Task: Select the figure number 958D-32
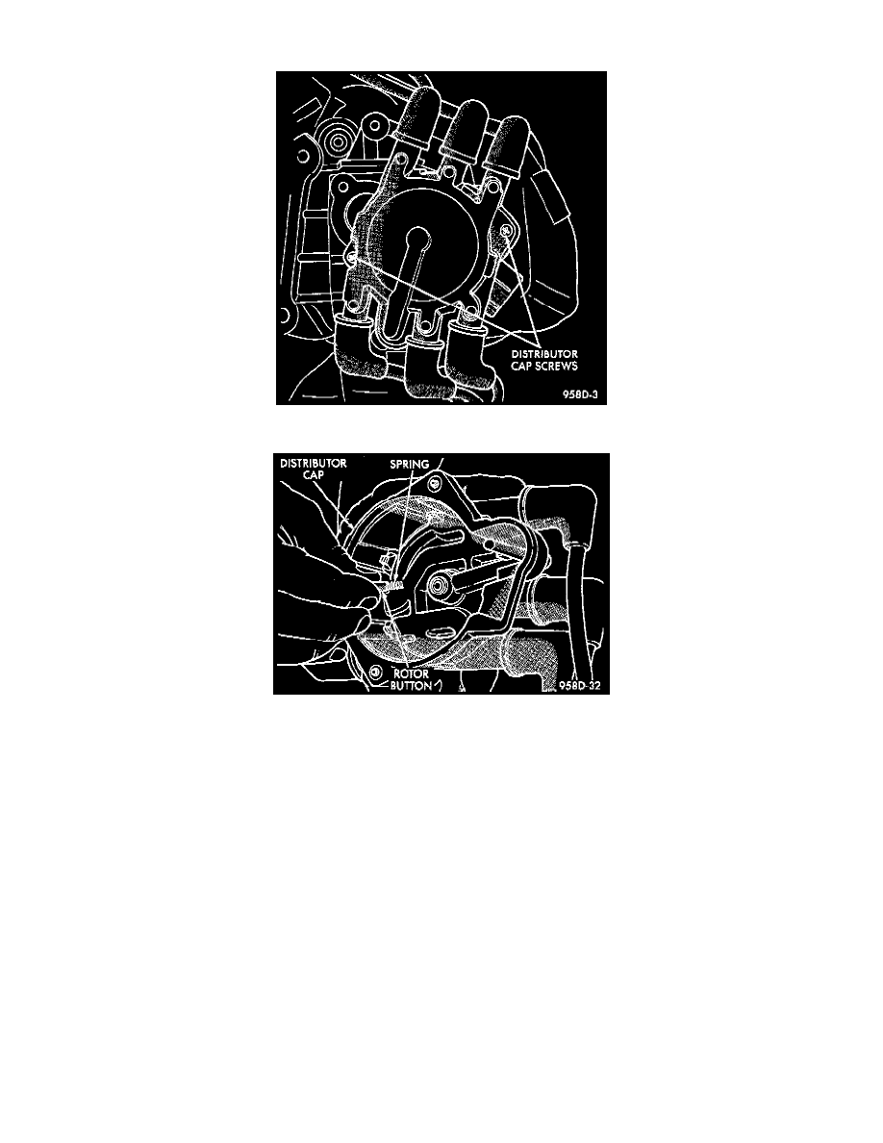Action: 584,686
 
